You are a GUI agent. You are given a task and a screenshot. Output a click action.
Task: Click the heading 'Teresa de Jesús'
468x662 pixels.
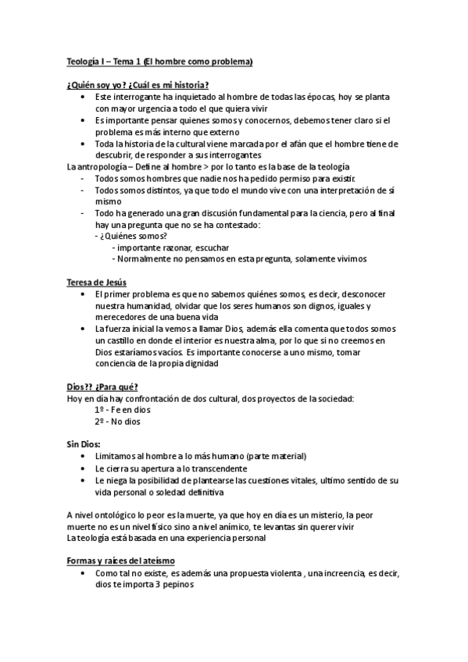[x=96, y=282]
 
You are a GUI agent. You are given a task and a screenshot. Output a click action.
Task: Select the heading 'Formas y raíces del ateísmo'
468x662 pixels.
[x=120, y=561]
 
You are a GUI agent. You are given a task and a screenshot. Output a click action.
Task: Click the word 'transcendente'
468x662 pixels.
[x=216, y=468]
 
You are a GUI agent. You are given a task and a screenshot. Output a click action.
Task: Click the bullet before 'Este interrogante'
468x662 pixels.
[x=84, y=96]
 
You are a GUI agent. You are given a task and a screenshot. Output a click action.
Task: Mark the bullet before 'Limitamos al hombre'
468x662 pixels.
[x=84, y=456]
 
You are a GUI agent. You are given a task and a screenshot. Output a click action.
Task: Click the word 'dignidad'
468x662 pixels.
[x=199, y=364]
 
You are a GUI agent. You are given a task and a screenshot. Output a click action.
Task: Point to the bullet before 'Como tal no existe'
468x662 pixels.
[x=84, y=574]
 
